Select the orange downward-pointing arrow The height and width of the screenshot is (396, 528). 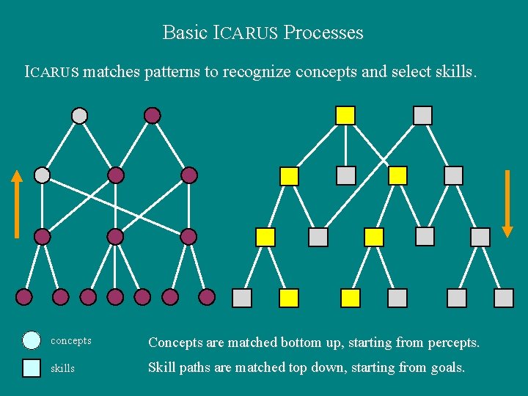pos(507,204)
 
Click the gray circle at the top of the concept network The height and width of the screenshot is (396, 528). pos(79,115)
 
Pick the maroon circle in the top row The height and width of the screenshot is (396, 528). pos(152,115)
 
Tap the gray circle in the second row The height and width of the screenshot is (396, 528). pos(43,175)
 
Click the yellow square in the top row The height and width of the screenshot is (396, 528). pos(345,115)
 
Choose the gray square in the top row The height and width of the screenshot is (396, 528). pos(422,115)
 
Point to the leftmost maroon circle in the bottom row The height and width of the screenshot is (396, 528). pos(24,297)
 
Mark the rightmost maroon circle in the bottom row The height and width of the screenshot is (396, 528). pos(207,297)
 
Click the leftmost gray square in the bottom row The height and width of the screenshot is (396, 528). pos(242,298)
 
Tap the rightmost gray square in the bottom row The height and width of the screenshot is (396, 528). pos(504,298)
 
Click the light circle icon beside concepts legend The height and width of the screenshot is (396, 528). pos(32,340)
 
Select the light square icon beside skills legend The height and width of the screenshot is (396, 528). pos(32,367)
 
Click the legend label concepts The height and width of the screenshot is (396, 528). pos(71,341)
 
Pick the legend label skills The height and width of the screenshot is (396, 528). pos(62,368)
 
